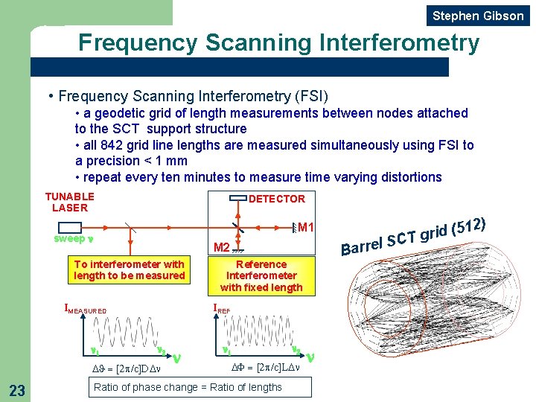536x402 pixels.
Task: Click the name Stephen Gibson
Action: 478,16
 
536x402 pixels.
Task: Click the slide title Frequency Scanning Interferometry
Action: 279,42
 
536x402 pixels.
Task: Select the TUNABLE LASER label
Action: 70,202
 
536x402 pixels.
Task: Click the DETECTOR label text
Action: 276,199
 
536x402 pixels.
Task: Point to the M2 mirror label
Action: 221,247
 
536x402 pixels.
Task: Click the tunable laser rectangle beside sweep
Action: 69,227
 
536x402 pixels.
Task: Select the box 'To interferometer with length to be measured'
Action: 130,270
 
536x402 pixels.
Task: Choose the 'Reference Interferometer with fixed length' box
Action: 261,275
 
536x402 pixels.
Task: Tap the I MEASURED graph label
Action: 86,310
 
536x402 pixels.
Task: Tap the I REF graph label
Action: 222,307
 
